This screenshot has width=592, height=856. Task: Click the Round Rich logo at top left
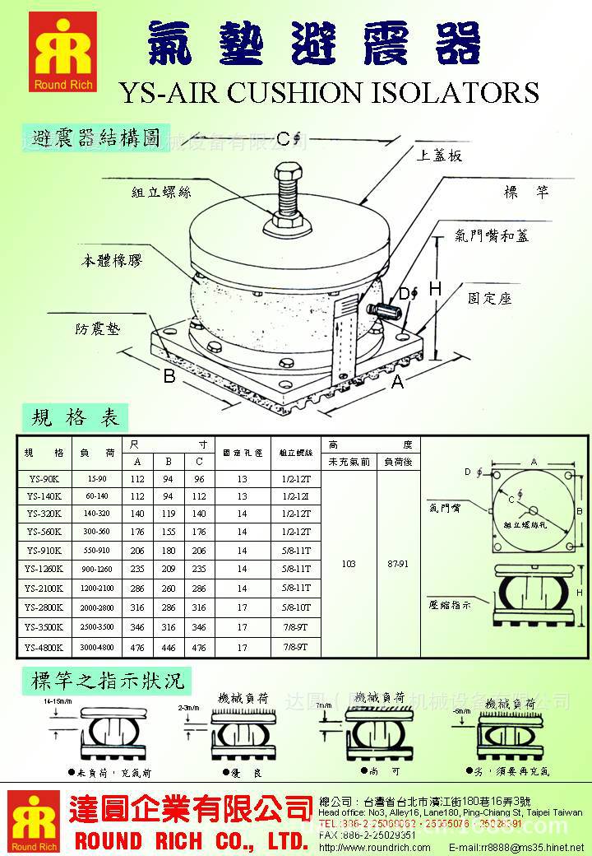click(63, 51)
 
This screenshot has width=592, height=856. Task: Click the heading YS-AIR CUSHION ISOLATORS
click(329, 92)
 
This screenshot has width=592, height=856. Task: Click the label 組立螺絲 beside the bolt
click(161, 192)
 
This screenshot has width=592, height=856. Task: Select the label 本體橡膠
click(111, 261)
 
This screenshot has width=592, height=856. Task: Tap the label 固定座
click(489, 298)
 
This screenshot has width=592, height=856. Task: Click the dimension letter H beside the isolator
click(435, 289)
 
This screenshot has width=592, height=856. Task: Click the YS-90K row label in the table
click(44, 478)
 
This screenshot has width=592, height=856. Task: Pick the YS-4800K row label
click(44, 648)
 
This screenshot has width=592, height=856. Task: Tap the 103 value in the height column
click(348, 564)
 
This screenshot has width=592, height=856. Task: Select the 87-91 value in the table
click(397, 564)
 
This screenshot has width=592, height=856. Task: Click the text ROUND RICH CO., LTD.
click(191, 841)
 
